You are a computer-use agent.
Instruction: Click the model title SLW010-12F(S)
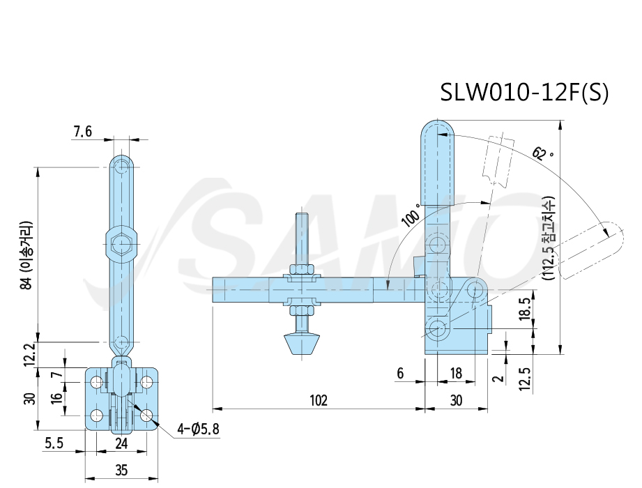tap(524, 92)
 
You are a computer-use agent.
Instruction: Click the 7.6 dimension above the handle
tap(83, 132)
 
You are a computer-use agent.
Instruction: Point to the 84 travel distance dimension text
tap(26, 255)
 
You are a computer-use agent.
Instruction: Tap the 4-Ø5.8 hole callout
tap(198, 429)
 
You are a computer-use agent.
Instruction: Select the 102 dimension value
tap(319, 400)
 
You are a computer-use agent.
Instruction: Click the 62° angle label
tap(542, 153)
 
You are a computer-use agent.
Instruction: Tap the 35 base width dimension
tap(121, 470)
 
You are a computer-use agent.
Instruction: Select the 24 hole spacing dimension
tap(121, 443)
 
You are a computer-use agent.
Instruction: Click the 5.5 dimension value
tap(54, 443)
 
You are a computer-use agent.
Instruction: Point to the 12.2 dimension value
tap(29, 354)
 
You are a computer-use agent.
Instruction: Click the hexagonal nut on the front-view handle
tap(121, 245)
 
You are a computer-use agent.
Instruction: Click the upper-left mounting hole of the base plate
tap(97, 382)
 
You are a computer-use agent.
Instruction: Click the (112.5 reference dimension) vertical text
tap(549, 238)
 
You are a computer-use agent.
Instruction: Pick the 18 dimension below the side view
tap(456, 373)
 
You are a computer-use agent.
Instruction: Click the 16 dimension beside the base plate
tap(57, 396)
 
